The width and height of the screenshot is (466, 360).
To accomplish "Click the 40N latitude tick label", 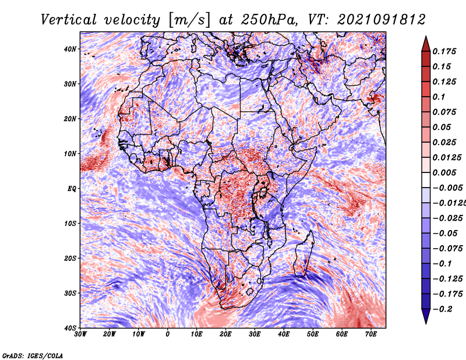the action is (70, 49).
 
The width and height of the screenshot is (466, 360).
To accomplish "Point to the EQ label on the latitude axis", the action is (72, 189).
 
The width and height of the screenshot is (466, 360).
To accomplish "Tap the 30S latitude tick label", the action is (70, 294).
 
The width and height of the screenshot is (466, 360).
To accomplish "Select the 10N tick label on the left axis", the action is (70, 154).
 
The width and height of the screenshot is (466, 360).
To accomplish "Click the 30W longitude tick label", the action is (80, 334).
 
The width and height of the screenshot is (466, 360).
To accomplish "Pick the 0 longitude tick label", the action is (167, 334).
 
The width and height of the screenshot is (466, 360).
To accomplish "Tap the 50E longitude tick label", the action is (313, 334).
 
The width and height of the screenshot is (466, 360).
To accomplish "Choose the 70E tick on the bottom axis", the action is (370, 334).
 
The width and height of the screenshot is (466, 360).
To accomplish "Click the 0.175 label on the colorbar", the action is (444, 52).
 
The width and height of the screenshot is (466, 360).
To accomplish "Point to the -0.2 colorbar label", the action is (442, 309).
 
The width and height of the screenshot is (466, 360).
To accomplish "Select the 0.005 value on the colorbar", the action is (444, 172).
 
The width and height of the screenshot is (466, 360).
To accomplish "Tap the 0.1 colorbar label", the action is (439, 97).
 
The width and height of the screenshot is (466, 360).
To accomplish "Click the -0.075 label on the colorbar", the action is (447, 249).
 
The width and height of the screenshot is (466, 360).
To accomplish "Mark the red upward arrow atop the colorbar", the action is (426, 44).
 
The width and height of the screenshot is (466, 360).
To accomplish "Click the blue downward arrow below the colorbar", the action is (426, 316).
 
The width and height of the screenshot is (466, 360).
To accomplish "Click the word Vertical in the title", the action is (69, 20).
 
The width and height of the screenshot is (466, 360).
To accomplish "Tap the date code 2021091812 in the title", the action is (382, 20).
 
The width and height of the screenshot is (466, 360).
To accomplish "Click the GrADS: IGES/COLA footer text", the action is (33, 355).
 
